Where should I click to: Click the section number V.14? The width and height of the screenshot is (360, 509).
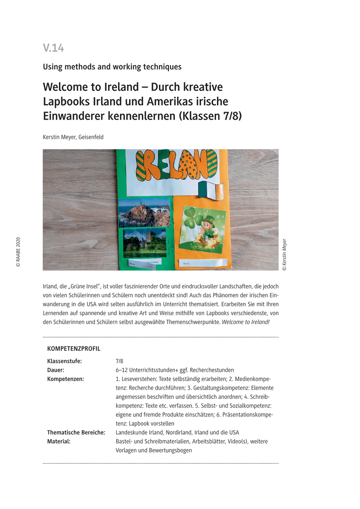point(53,48)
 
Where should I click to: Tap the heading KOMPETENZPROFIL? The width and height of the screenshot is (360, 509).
point(74,349)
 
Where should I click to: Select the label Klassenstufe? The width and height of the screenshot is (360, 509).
point(65,361)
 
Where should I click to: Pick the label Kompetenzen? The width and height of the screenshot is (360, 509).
point(65,379)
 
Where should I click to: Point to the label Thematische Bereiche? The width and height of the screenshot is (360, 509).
point(76,432)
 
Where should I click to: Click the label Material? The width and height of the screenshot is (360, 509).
point(59,441)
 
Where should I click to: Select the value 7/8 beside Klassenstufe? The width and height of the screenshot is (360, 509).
point(119,361)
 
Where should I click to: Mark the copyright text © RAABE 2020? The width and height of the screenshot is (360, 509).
point(18,252)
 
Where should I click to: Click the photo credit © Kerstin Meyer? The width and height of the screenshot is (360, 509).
point(284,254)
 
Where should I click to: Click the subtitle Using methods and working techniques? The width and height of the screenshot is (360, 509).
point(112,67)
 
